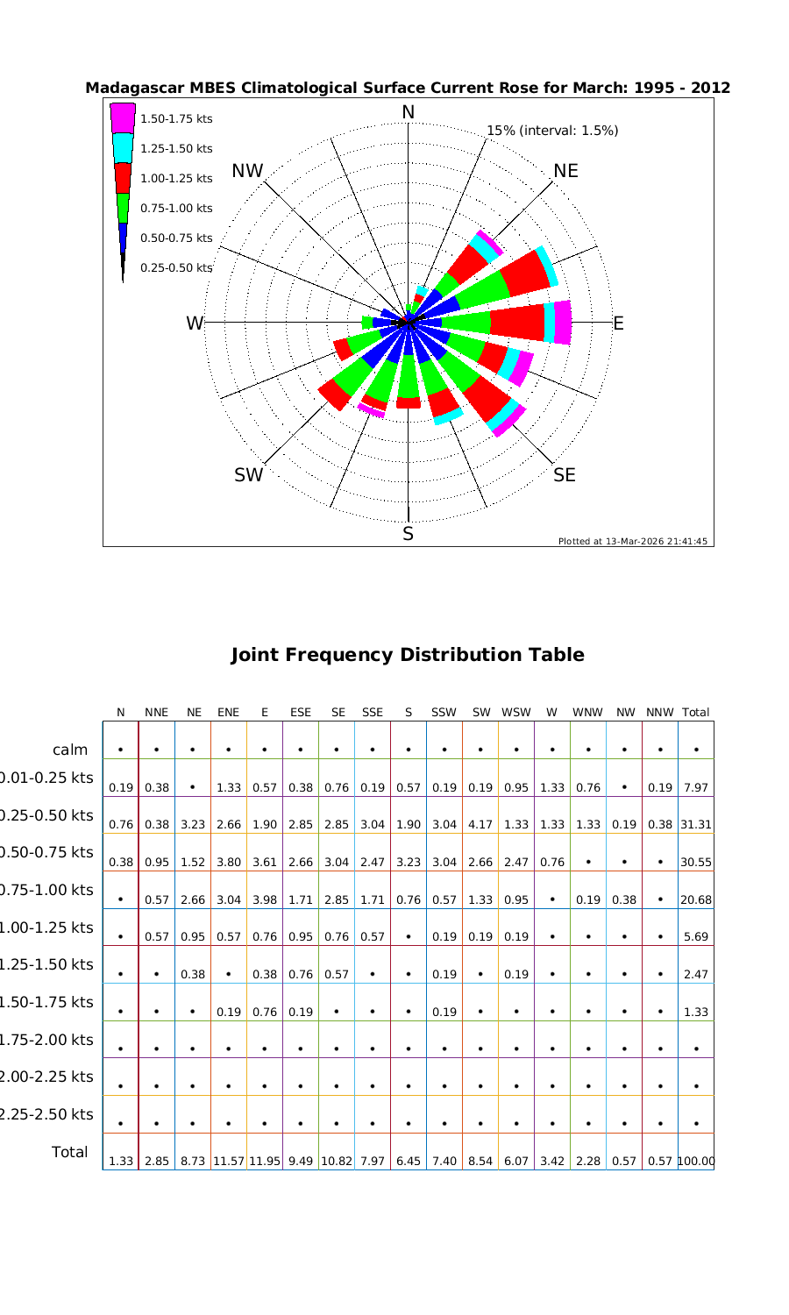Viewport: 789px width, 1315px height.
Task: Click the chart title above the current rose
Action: [408, 89]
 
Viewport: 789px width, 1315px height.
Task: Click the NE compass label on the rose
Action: [565, 171]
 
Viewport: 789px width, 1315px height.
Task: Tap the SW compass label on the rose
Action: [248, 475]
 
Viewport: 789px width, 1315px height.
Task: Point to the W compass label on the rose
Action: [194, 323]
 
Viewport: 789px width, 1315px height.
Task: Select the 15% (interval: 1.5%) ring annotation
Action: [552, 131]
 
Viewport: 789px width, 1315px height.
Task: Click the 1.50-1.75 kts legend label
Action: [176, 118]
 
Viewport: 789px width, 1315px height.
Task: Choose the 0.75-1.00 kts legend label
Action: [176, 208]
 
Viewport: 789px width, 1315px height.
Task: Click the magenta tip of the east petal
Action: [563, 323]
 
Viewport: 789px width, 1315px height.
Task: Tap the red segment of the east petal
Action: [517, 323]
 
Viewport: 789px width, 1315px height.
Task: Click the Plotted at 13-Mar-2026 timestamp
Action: [633, 541]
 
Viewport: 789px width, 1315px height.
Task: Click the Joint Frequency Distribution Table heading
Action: [408, 655]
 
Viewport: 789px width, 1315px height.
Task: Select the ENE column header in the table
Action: [228, 713]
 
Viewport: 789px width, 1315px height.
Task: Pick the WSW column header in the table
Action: [516, 713]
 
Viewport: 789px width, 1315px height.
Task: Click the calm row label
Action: [70, 750]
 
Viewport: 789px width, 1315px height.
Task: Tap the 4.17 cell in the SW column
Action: [480, 825]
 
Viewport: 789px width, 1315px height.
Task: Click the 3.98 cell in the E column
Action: [265, 900]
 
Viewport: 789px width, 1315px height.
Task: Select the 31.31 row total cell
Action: [696, 825]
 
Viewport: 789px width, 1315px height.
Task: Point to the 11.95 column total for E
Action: [265, 1162]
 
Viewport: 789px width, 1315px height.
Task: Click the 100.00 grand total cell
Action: [696, 1162]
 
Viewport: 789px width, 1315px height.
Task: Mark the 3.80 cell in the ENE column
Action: [228, 863]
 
